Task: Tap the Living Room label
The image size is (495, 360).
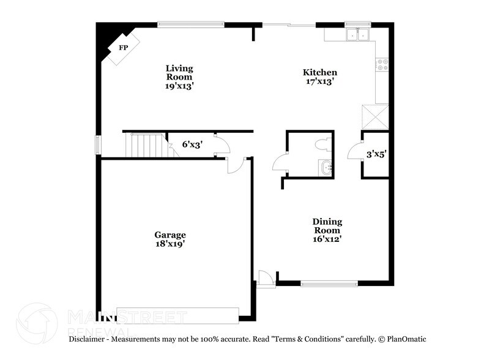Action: point(179,73)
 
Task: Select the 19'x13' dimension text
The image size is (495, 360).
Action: point(179,86)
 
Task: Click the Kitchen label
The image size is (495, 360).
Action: point(320,72)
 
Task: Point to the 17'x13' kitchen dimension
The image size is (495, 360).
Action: point(320,81)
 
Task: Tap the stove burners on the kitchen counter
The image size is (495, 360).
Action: point(382,64)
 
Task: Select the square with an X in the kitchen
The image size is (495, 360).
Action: point(374,116)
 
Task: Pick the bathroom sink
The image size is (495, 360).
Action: point(325,167)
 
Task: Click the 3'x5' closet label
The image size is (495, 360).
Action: point(376,156)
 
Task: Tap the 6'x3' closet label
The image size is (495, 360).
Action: point(192,145)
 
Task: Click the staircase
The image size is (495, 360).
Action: point(146,145)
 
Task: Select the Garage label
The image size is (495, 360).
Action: point(170,234)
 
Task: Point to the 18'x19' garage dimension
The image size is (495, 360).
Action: point(170,244)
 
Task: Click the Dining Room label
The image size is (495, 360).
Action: point(327,226)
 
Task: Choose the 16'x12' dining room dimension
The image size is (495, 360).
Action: point(327,239)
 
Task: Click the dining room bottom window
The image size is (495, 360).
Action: point(329,283)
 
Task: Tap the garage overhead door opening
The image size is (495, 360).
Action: point(177,315)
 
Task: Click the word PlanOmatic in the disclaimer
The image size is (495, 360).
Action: point(404,339)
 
